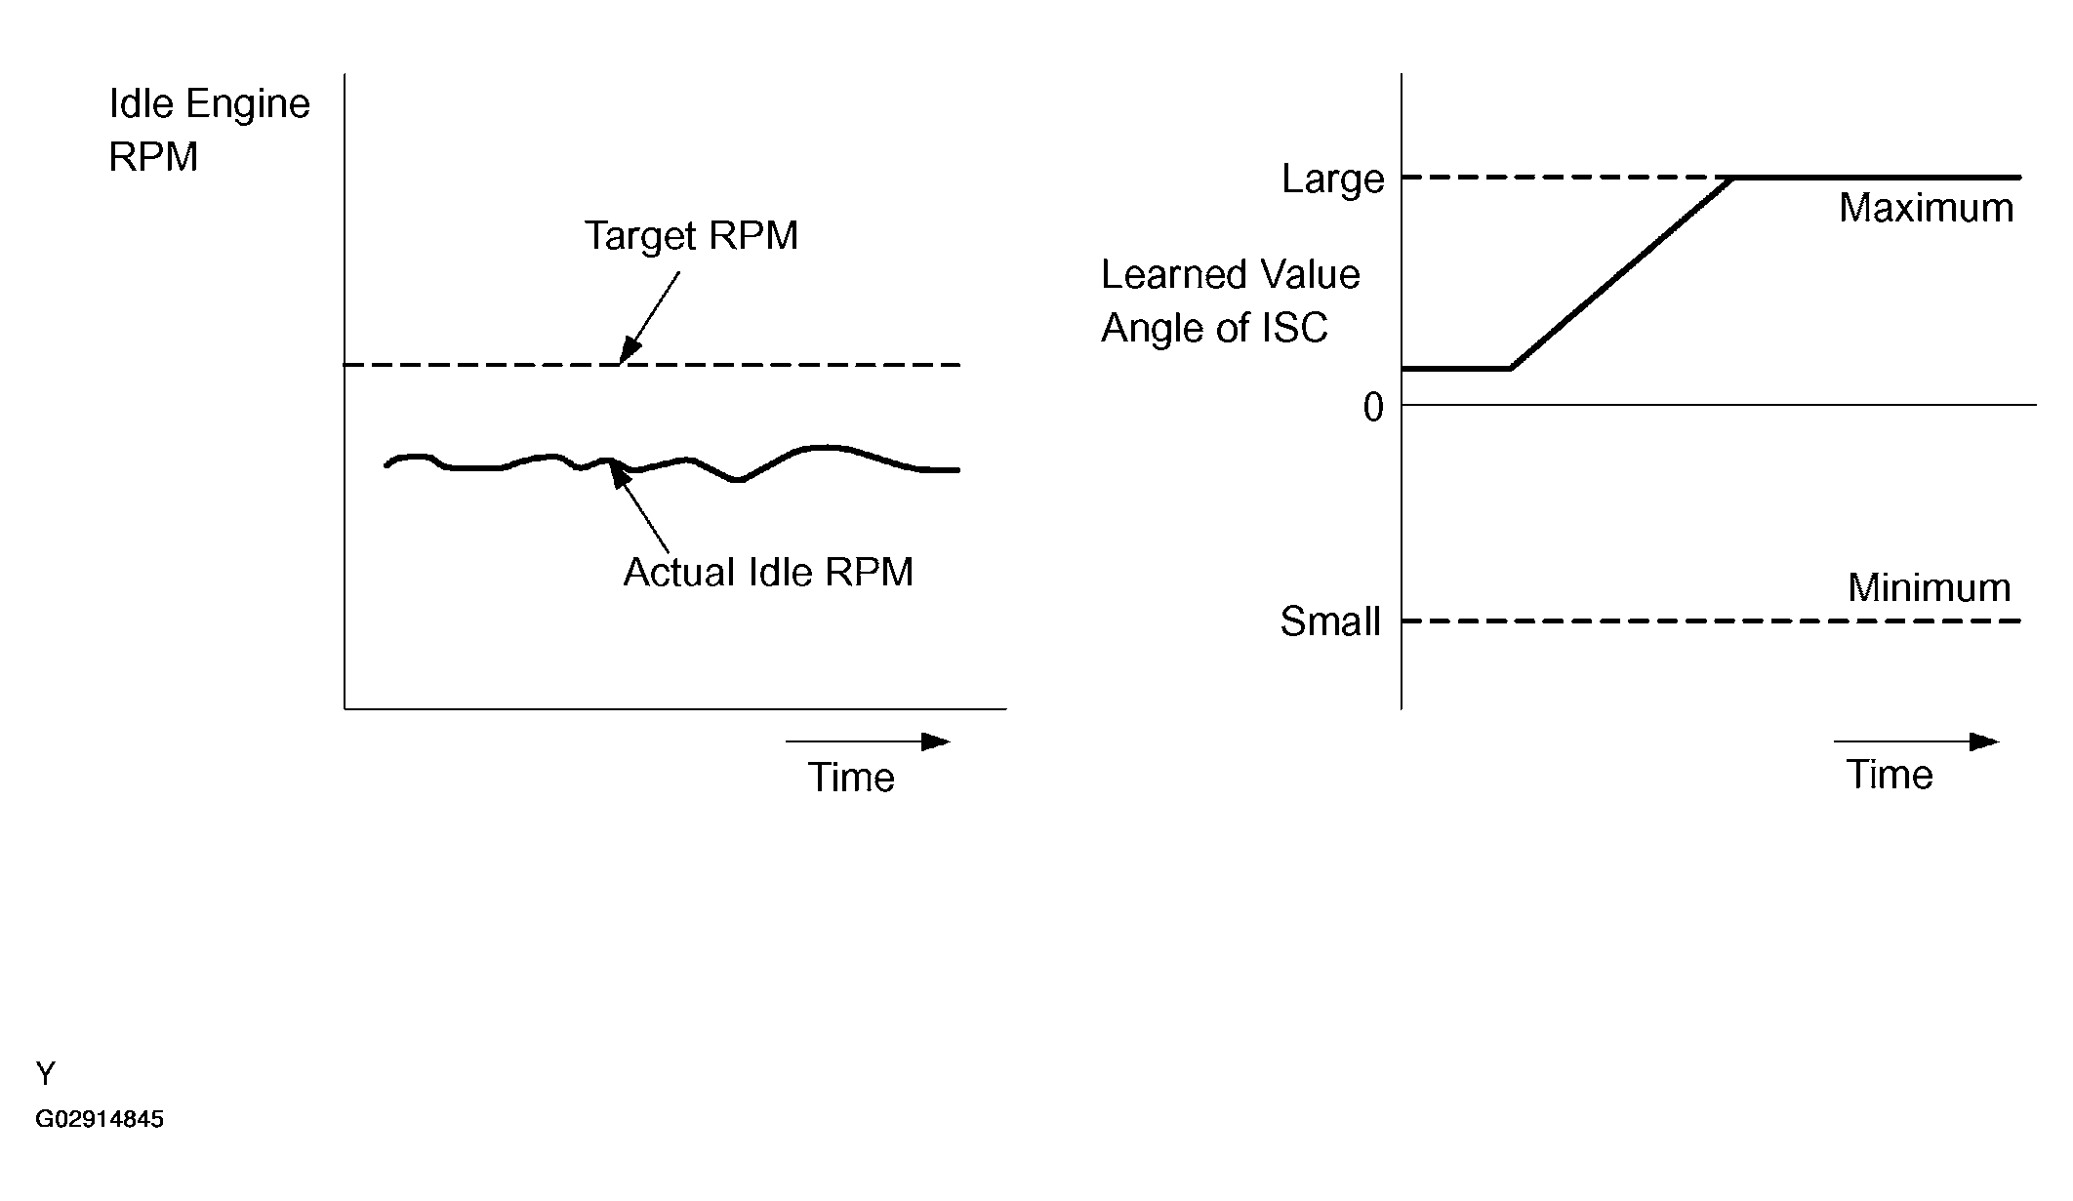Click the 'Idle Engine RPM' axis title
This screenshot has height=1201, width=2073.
(x=209, y=130)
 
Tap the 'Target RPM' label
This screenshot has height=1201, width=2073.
(x=691, y=236)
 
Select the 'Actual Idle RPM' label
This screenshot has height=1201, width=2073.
(x=768, y=573)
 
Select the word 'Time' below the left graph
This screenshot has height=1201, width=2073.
(x=851, y=778)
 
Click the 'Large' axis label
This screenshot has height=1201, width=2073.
(x=1332, y=180)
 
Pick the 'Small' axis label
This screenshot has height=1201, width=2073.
(x=1330, y=622)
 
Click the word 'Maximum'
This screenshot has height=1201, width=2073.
(x=1926, y=209)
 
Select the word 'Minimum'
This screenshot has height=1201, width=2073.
(x=1929, y=588)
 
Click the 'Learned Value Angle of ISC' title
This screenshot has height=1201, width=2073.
(x=1230, y=301)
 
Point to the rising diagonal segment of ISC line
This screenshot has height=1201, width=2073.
(x=1620, y=274)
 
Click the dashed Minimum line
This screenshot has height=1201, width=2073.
(x=1708, y=621)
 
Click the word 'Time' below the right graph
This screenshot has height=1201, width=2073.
(x=1889, y=776)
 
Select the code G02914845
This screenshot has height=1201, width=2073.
(x=100, y=1119)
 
